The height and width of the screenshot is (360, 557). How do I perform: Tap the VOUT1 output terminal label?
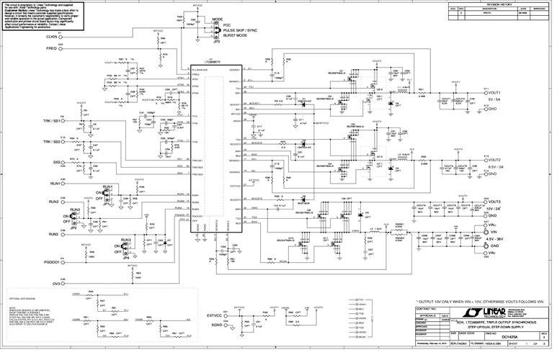[493, 93]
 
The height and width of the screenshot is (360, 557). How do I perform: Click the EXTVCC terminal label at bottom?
[214, 315]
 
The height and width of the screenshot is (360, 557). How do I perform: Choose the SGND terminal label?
[215, 325]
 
